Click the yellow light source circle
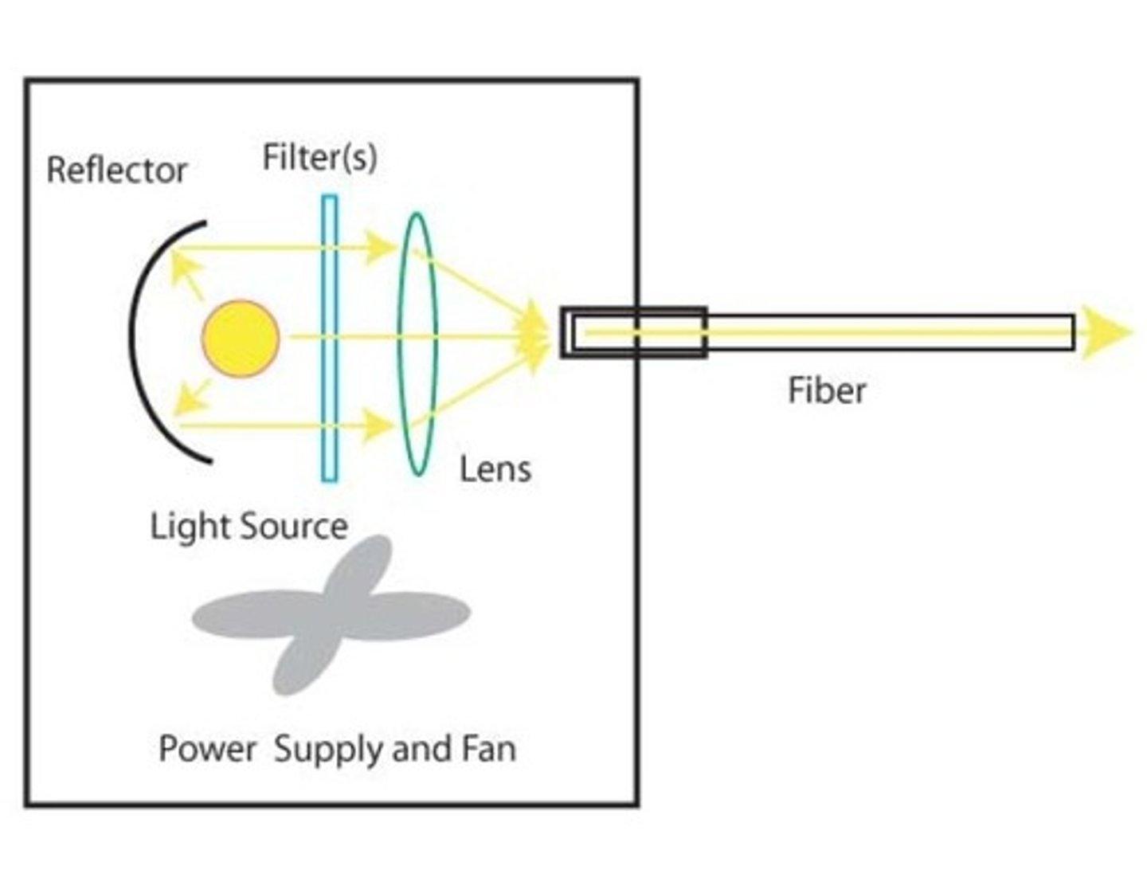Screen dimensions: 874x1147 click(x=241, y=339)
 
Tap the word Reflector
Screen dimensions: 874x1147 click(x=116, y=170)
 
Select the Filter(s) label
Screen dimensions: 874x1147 click(x=319, y=157)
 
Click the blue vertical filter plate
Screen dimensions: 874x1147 click(x=329, y=339)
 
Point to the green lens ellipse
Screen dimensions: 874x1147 click(x=417, y=343)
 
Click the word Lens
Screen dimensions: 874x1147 click(x=495, y=468)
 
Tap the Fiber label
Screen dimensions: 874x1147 click(x=826, y=391)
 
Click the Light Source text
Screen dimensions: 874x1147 click(x=249, y=527)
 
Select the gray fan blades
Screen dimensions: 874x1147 click(x=331, y=614)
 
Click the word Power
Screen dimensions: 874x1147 click(x=207, y=749)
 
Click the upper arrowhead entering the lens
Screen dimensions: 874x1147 click(x=381, y=247)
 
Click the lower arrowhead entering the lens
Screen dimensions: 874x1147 click(x=379, y=426)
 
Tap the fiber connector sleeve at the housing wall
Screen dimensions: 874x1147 click(x=633, y=332)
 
